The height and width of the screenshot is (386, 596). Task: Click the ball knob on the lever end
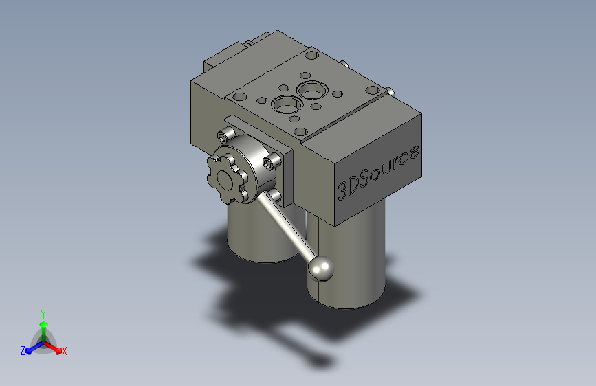[320, 269]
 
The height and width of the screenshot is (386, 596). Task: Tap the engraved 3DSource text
[377, 172]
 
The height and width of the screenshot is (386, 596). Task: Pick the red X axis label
[65, 352]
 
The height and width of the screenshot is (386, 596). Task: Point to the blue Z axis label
[23, 351]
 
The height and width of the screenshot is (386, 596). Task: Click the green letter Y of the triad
[43, 313]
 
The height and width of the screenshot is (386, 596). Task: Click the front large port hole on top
[285, 106]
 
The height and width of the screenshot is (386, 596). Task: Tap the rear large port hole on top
[312, 89]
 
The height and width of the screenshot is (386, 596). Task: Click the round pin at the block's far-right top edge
[390, 91]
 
